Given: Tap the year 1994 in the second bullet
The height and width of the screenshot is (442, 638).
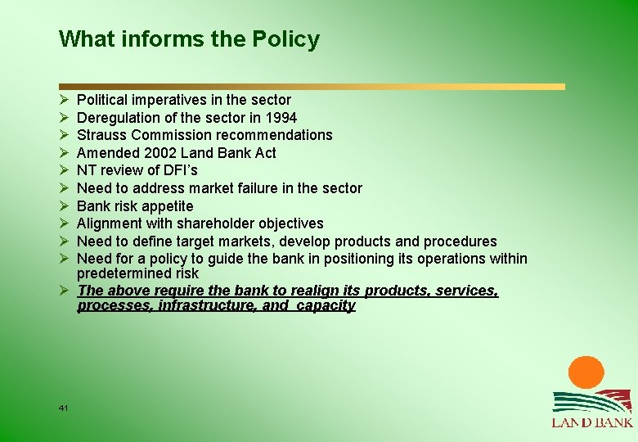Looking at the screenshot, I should (x=280, y=118).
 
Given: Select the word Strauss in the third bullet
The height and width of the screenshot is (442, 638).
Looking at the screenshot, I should (x=102, y=135).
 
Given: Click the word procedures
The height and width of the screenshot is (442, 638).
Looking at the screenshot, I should (x=460, y=241).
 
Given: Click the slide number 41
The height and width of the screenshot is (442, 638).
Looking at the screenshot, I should (x=64, y=408).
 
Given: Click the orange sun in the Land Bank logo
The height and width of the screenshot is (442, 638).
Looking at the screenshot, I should (x=586, y=373).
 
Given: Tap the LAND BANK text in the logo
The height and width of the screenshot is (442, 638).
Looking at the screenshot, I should (x=591, y=422).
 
